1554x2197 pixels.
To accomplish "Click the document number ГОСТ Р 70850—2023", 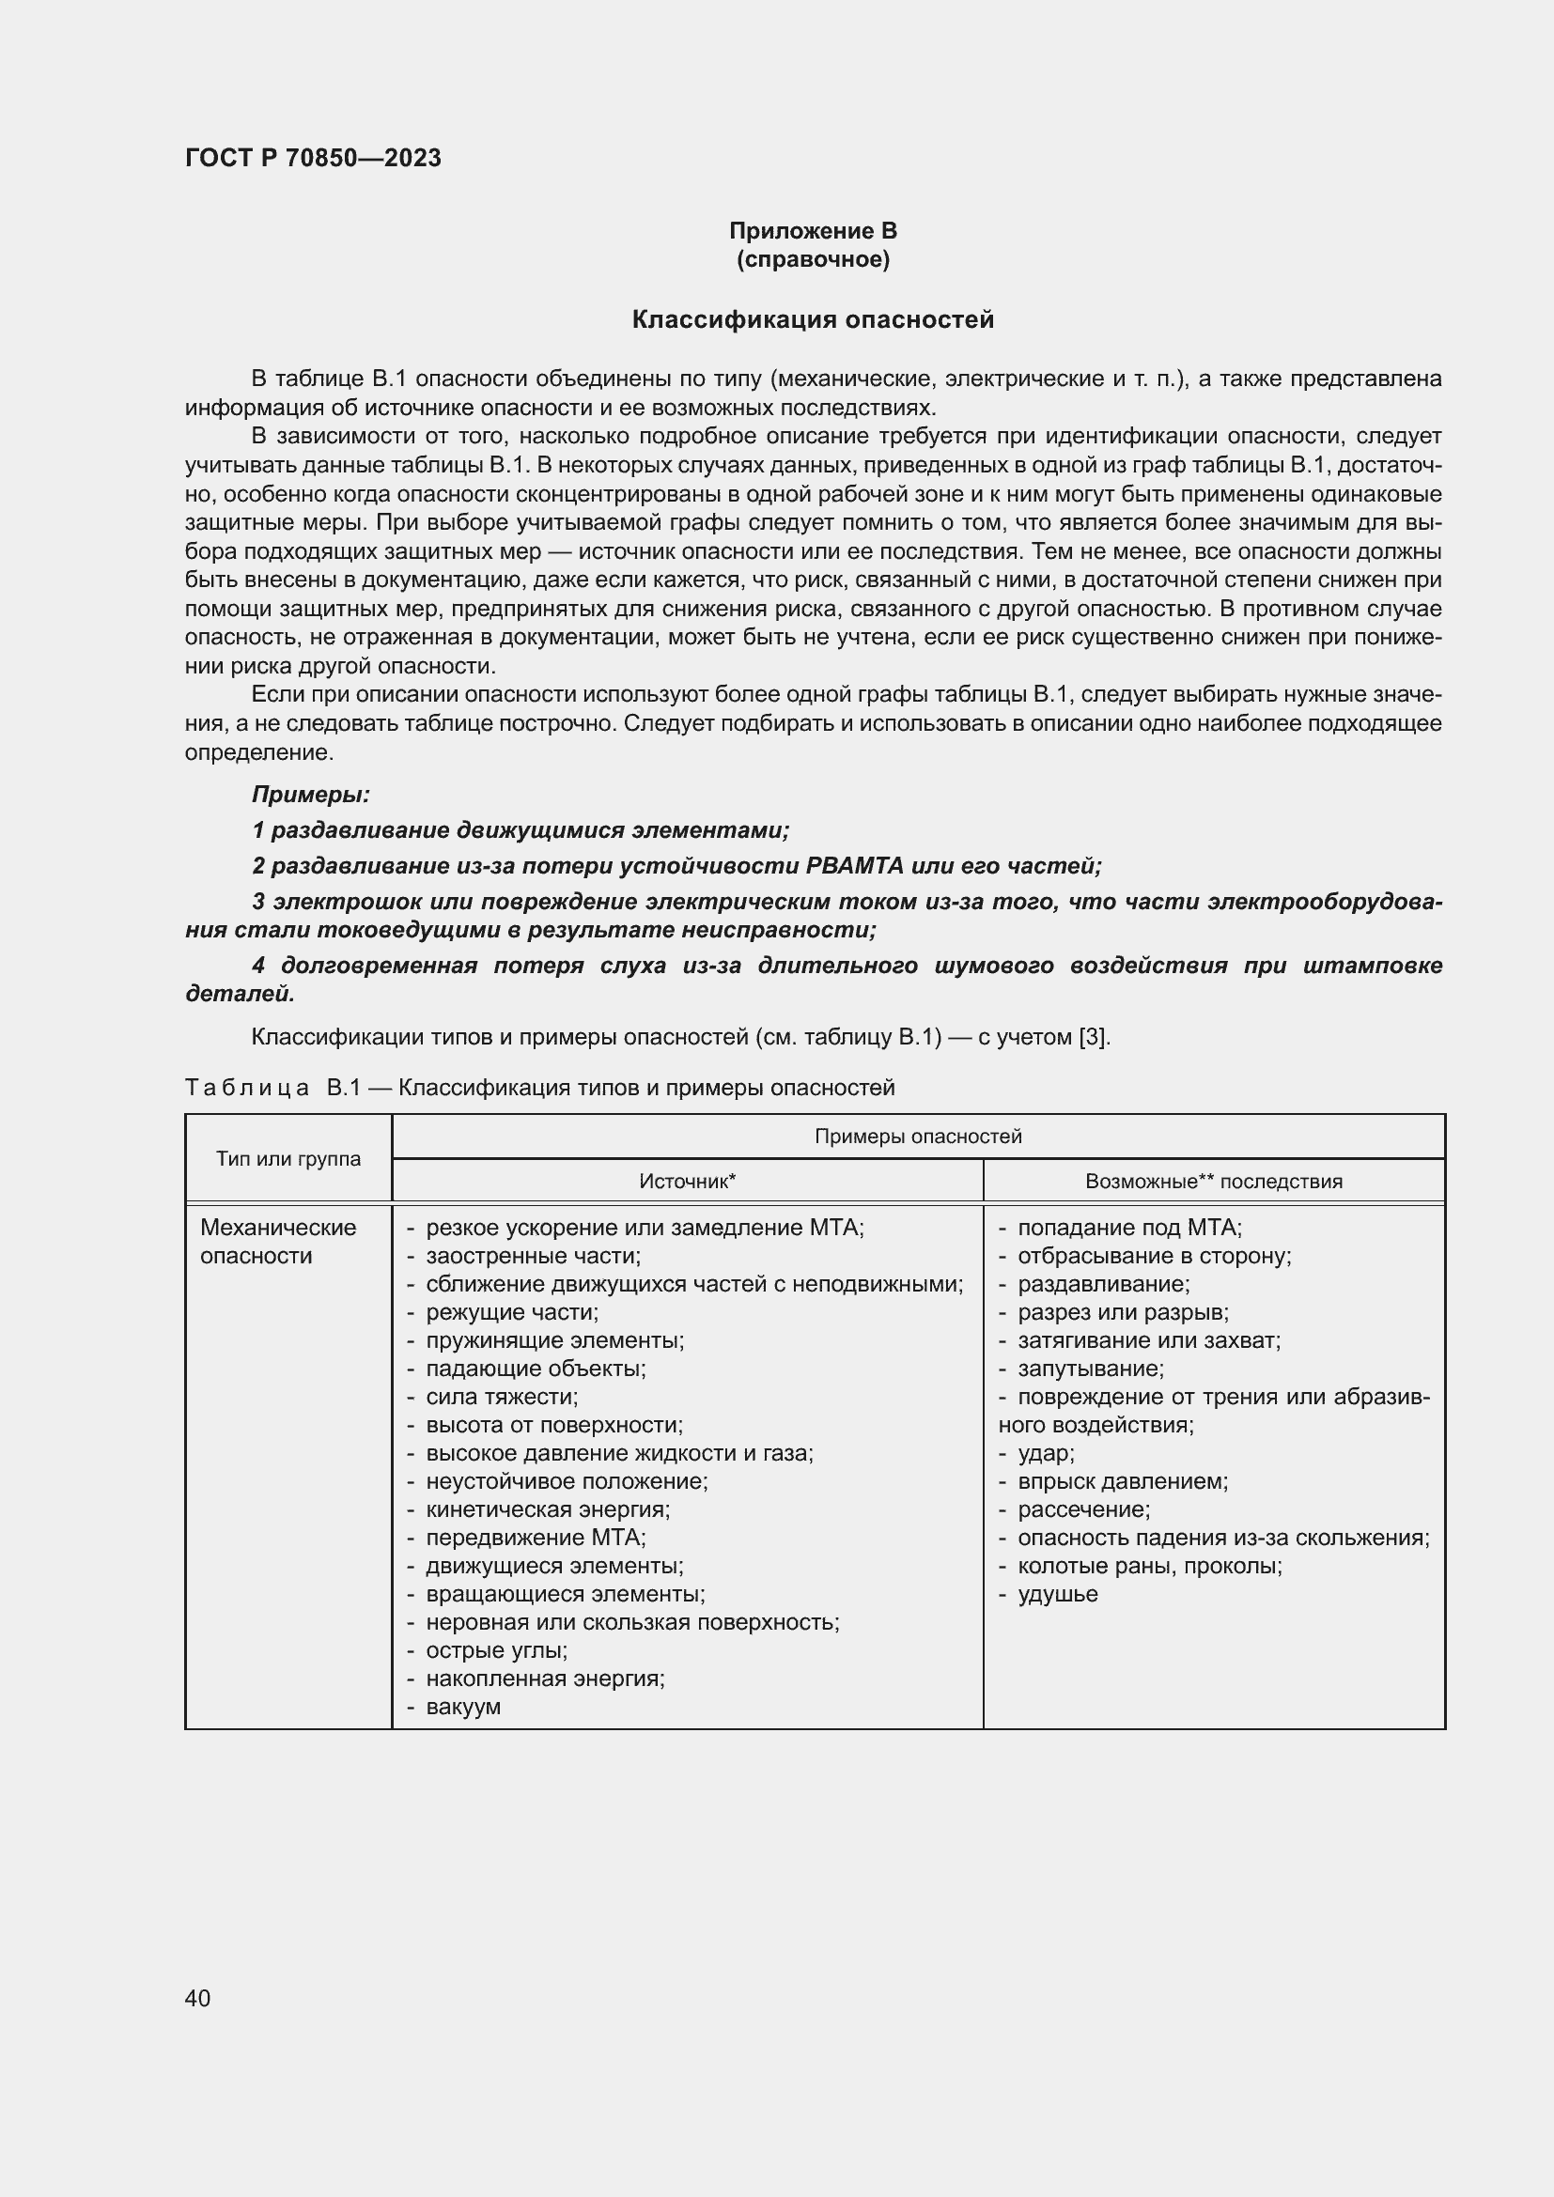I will (x=313, y=158).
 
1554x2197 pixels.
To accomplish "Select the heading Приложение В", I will (x=813, y=231).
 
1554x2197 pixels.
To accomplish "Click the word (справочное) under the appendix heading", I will (x=813, y=259).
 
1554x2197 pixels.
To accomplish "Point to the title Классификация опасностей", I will (x=813, y=319).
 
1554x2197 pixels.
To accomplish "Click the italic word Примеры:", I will (x=310, y=795).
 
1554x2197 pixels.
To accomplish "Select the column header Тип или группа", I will (x=288, y=1159).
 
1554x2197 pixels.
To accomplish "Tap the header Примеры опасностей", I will (x=918, y=1136).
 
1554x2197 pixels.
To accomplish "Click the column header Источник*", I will (x=687, y=1181).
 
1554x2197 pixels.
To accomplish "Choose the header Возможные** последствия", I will (x=1213, y=1181).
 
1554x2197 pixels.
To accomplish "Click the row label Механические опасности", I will (x=277, y=1241).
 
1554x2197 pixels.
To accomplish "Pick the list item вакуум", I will (x=463, y=1707).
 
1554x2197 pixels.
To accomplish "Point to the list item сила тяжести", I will (x=502, y=1397).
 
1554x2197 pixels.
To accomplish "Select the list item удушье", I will (x=1057, y=1594).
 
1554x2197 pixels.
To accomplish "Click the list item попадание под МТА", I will (x=1129, y=1228).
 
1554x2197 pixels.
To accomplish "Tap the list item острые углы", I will (x=496, y=1650).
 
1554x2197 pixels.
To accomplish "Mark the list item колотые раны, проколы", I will (x=1149, y=1567).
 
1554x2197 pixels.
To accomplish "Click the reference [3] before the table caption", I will (x=1093, y=1037).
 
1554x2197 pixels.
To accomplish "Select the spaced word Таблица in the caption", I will (x=247, y=1088).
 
